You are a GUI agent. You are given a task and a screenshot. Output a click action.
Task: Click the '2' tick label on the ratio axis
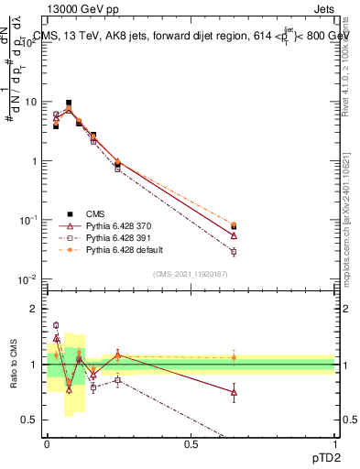pos(35,309)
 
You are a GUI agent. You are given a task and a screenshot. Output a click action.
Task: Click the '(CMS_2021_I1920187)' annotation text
pos(191,274)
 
